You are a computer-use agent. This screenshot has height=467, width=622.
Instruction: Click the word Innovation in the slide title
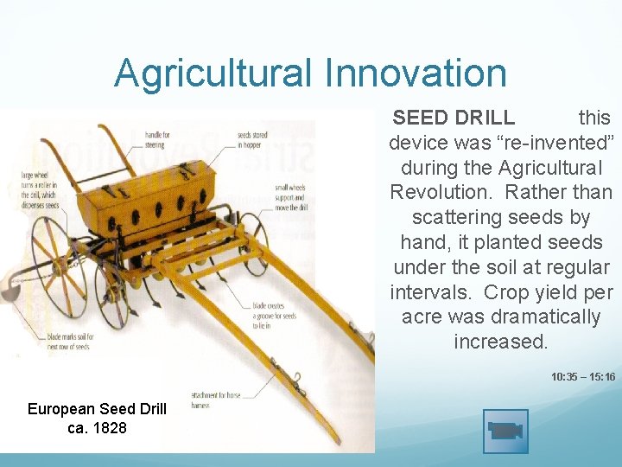[x=416, y=74]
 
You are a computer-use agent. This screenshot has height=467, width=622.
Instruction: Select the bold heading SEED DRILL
[x=454, y=118]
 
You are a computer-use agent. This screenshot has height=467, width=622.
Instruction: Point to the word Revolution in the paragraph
[x=435, y=192]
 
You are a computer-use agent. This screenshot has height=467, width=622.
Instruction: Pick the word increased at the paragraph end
[x=500, y=342]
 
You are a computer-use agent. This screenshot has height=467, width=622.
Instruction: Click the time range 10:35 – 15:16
[x=583, y=377]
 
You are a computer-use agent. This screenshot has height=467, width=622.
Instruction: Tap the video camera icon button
[x=505, y=431]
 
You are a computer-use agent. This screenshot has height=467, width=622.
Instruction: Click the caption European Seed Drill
[x=97, y=409]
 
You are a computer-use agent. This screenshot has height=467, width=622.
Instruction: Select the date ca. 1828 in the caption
[x=97, y=428]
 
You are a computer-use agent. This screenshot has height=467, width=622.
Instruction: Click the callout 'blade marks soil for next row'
[x=48, y=340]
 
